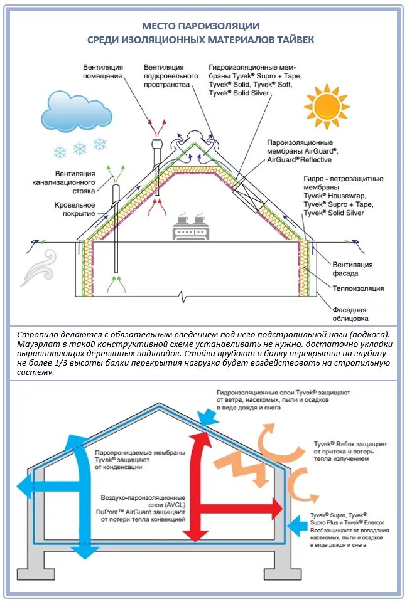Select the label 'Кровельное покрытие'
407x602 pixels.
pyautogui.click(x=74, y=209)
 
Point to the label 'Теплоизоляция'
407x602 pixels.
pyautogui.click(x=359, y=288)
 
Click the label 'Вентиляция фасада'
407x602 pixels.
pyautogui.click(x=353, y=269)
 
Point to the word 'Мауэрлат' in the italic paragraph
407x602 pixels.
pyautogui.click(x=37, y=345)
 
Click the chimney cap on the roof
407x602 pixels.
pyautogui.click(x=156, y=146)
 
